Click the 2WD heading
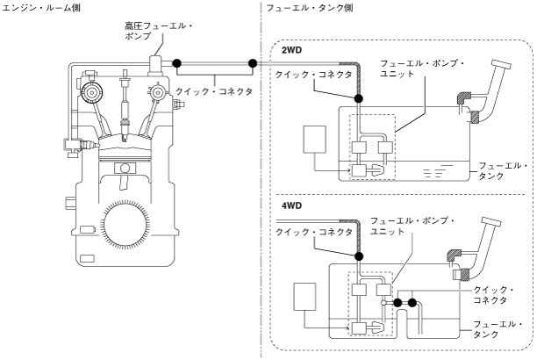click(291, 50)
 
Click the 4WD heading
click(291, 205)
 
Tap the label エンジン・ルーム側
click(41, 7)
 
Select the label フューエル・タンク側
click(310, 8)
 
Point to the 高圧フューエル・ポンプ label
click(159, 31)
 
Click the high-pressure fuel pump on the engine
click(156, 67)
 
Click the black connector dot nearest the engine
click(176, 63)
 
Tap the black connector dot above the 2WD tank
click(358, 98)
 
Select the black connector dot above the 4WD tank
click(359, 256)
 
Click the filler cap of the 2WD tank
click(501, 64)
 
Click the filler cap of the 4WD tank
click(491, 222)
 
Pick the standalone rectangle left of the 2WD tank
click(314, 139)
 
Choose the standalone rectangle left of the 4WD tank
click(304, 297)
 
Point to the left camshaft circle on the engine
click(92, 92)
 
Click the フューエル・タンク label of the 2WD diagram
click(503, 170)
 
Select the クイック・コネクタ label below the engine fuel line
click(214, 91)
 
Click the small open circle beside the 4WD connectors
click(383, 303)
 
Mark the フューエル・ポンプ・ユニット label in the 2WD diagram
click(422, 68)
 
